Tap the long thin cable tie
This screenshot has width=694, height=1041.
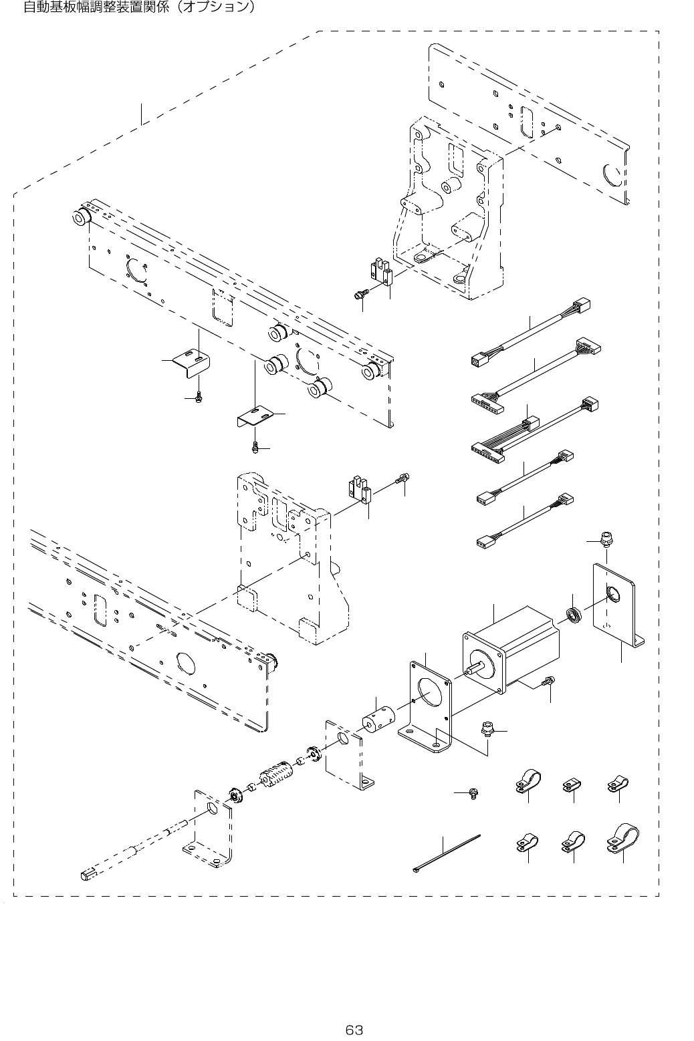click(446, 853)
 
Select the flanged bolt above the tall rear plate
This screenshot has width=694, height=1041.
click(606, 539)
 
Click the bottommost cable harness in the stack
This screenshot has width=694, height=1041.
click(525, 521)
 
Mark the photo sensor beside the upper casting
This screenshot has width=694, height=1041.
click(381, 274)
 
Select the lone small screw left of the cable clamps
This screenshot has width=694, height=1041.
click(473, 793)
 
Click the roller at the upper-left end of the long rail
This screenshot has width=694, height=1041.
click(81, 216)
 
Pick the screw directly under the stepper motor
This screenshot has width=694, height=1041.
click(548, 682)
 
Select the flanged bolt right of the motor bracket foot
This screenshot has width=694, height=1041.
click(487, 729)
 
